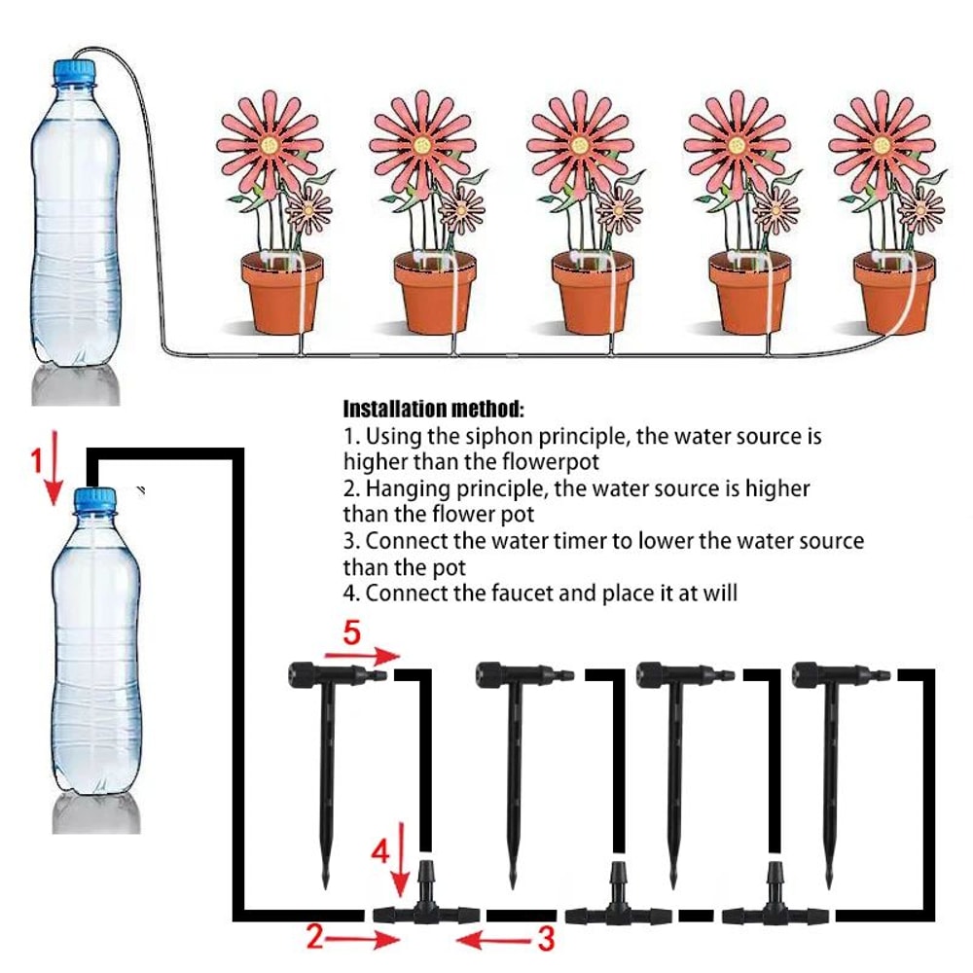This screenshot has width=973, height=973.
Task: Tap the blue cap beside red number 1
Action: click(x=95, y=501)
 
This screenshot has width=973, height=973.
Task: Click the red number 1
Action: click(x=37, y=461)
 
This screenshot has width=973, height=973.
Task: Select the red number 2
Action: click(x=314, y=937)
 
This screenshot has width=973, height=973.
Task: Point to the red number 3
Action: click(x=546, y=939)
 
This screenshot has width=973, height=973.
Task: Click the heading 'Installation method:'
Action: click(x=434, y=408)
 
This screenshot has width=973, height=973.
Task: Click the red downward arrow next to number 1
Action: click(x=54, y=472)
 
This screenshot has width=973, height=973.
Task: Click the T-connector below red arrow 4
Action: click(x=425, y=905)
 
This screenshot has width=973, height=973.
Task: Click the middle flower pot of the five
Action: click(x=592, y=292)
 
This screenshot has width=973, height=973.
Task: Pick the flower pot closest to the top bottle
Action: click(x=281, y=292)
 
